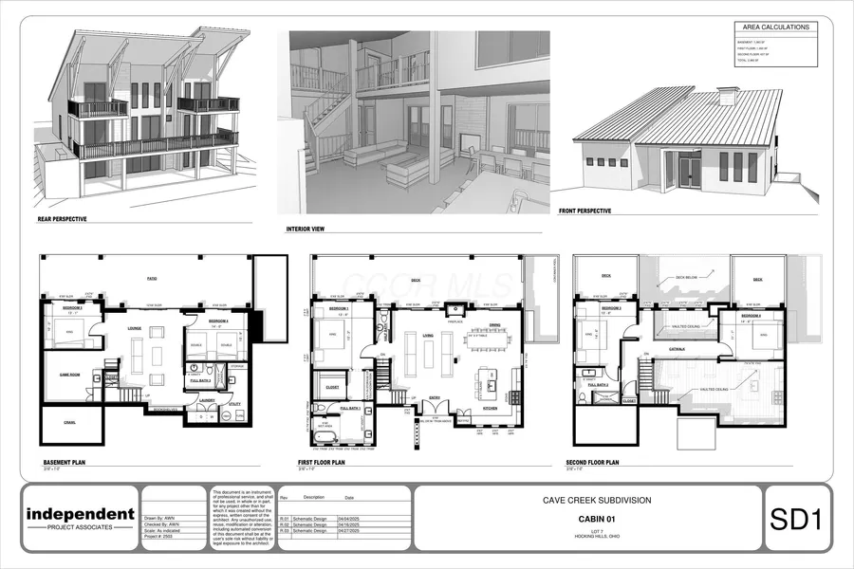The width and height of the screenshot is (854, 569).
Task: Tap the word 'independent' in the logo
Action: tap(80, 515)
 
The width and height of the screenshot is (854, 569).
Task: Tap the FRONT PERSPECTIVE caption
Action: tap(585, 211)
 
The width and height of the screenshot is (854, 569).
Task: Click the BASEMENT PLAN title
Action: tap(66, 463)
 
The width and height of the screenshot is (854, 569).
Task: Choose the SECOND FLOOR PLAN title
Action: tap(592, 463)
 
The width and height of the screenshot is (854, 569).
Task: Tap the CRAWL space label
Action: tap(69, 422)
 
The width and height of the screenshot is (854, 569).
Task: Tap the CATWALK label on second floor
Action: tap(677, 349)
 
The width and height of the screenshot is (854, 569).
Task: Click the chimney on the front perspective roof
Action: tap(727, 97)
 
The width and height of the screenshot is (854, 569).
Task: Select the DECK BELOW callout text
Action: tap(685, 279)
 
